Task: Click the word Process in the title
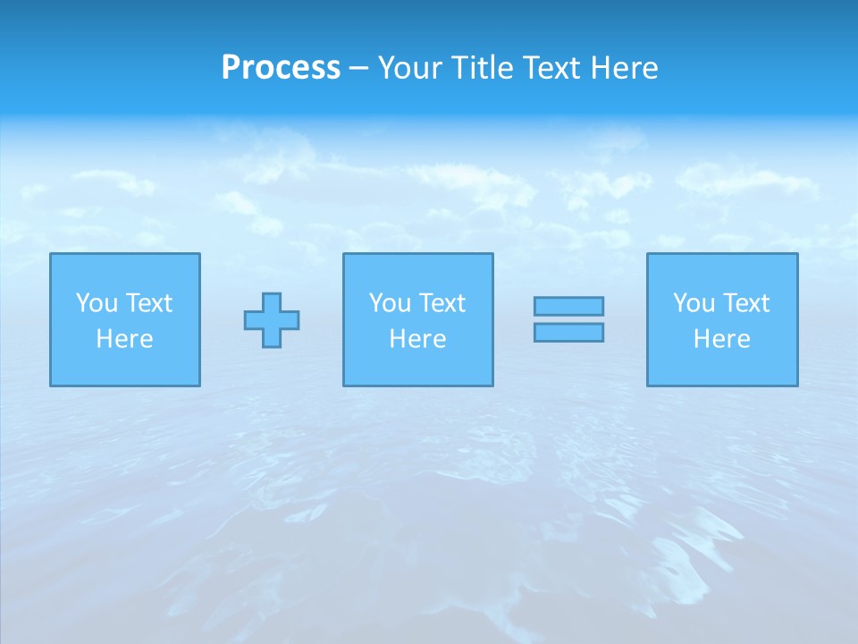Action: [x=281, y=68]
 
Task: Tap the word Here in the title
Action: [x=624, y=68]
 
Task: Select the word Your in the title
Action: [x=411, y=68]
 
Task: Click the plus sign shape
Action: [x=272, y=320]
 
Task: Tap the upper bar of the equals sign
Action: [x=568, y=306]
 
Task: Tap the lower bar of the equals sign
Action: [x=568, y=332]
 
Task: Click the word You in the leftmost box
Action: [x=97, y=303]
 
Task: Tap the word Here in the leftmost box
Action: [x=125, y=339]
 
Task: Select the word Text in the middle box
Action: [x=442, y=303]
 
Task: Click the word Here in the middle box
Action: [x=418, y=339]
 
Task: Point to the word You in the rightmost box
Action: [x=694, y=303]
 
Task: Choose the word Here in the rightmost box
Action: [x=722, y=339]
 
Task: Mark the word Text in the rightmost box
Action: [x=746, y=303]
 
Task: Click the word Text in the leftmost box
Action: [x=149, y=303]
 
